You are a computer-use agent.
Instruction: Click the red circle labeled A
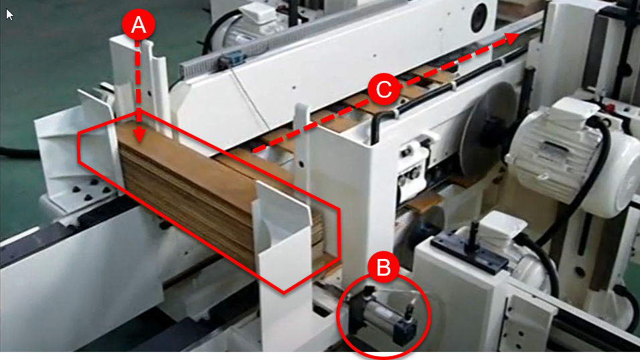point(139,25)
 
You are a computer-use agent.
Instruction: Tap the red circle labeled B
point(384,268)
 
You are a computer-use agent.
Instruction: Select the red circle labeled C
point(384,89)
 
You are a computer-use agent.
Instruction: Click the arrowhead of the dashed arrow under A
point(139,137)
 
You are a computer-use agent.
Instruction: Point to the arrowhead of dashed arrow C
point(512,38)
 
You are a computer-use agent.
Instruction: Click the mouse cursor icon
point(9,14)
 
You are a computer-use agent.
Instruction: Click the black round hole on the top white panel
point(479,17)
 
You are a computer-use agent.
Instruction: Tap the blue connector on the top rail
point(230,60)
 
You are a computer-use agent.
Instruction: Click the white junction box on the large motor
point(573,110)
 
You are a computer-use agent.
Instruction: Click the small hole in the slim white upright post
point(301,164)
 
